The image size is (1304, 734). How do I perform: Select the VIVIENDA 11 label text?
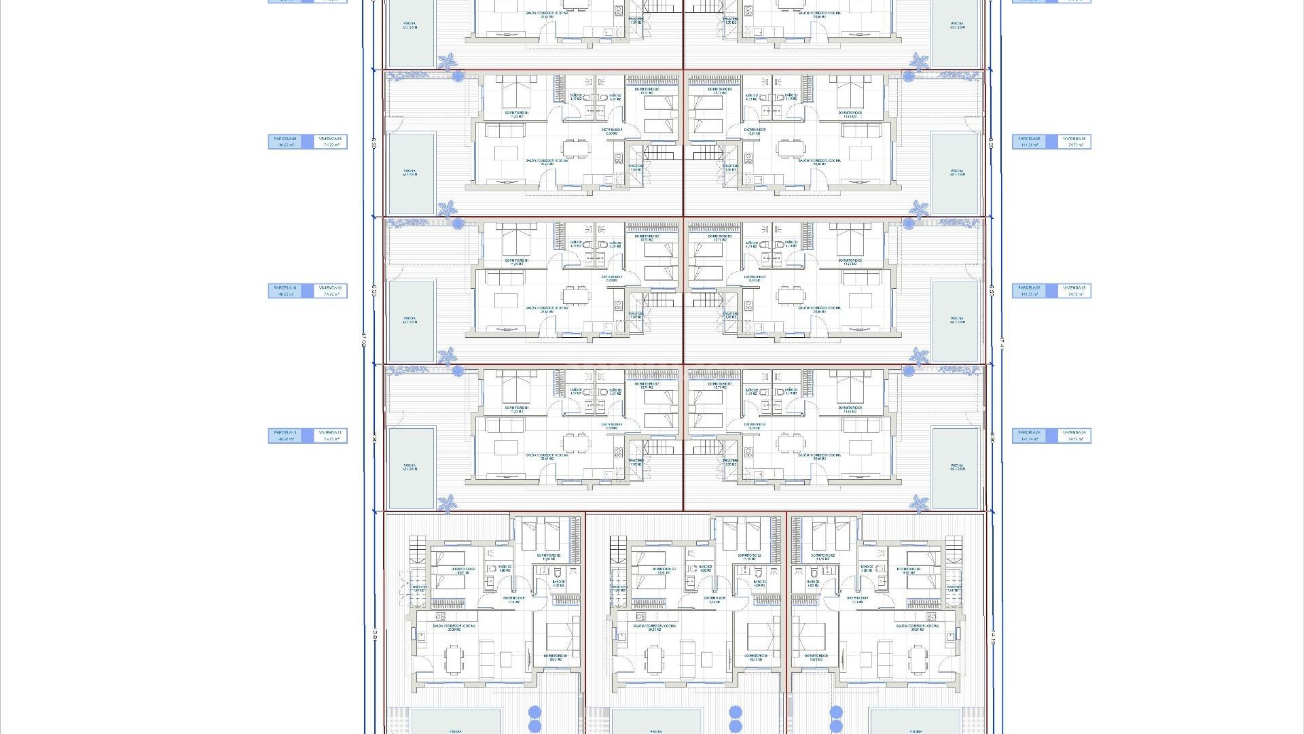(331, 432)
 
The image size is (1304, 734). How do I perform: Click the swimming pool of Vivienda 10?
(410, 320)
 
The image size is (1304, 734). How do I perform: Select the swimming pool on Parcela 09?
(410, 173)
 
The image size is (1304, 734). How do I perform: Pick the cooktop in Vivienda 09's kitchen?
(619, 158)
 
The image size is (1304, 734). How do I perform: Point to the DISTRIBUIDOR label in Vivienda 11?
(612, 425)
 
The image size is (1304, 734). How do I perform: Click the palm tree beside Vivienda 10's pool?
(447, 355)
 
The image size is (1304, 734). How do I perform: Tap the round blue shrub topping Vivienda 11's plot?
(458, 371)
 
